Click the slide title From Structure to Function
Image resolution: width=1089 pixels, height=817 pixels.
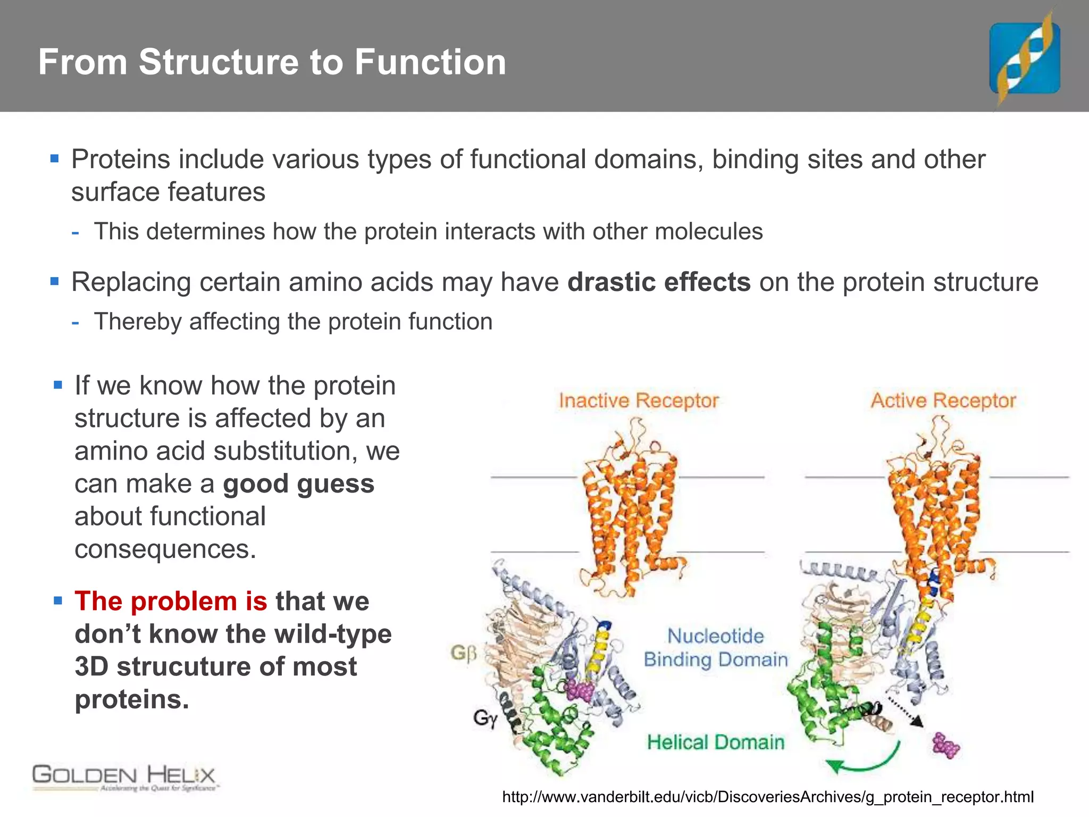click(272, 62)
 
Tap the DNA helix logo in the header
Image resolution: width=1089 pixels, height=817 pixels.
click(1025, 57)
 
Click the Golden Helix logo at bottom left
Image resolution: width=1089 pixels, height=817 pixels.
click(124, 778)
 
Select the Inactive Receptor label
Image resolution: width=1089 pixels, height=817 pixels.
click(639, 401)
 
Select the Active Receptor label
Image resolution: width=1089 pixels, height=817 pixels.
click(943, 401)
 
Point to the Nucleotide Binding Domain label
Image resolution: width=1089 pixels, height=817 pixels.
click(715, 648)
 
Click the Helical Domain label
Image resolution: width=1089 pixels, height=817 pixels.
click(715, 742)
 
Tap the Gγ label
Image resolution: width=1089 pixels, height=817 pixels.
click(485, 719)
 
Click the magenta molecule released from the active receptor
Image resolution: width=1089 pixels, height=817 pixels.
click(945, 745)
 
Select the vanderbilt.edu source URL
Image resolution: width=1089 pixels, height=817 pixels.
click(768, 797)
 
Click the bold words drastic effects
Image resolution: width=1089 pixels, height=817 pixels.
click(659, 282)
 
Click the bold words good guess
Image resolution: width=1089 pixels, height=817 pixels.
click(298, 484)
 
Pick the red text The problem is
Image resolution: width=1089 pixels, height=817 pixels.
click(171, 602)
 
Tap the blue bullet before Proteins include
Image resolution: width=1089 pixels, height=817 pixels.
click(54, 159)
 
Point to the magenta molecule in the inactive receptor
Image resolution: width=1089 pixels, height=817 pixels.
click(580, 690)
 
